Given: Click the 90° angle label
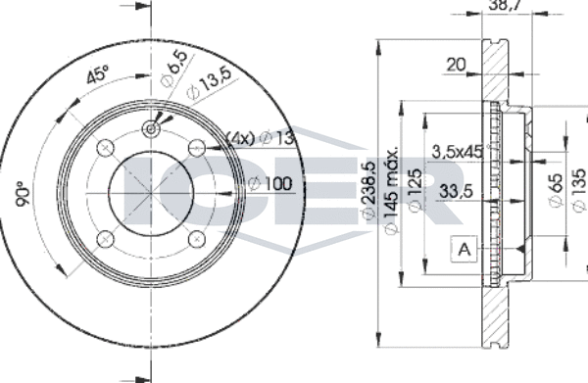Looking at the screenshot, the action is pos(23,193).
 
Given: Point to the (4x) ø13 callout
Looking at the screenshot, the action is pos(260,138).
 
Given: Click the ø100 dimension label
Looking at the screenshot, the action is pos(270,183).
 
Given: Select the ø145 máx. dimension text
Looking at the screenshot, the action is pos(391,190).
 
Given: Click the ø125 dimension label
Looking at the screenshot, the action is pos(415,190).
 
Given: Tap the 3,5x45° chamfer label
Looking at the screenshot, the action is pos(459,152).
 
